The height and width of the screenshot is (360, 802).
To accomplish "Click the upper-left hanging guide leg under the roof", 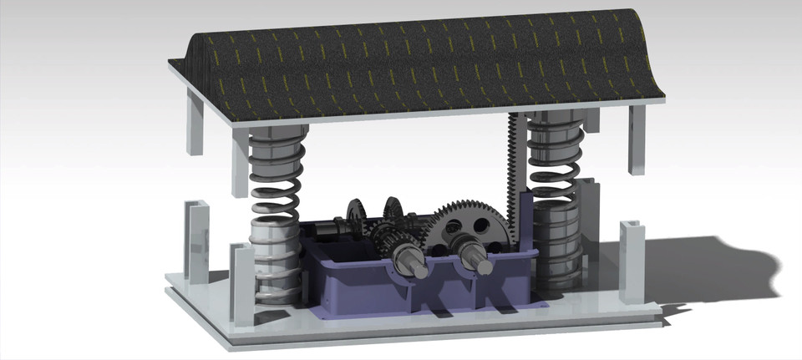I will click(x=193, y=125).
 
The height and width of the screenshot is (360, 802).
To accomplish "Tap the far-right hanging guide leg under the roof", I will click(x=637, y=138).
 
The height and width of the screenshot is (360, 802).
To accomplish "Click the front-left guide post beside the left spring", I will click(x=240, y=284).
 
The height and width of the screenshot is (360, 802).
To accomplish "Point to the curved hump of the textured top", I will click(x=418, y=42).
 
